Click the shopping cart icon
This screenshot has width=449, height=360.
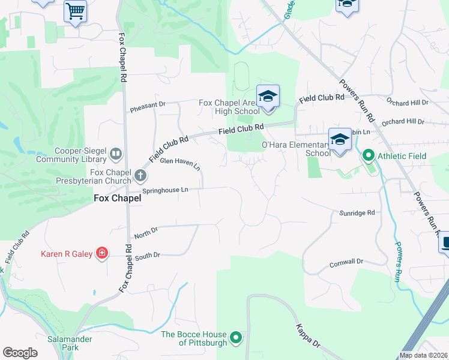click(x=75, y=11)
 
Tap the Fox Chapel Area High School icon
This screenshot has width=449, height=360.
click(x=268, y=97)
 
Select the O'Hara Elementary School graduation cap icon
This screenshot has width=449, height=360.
click(x=339, y=140)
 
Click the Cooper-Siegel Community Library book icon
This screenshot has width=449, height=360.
click(x=115, y=155)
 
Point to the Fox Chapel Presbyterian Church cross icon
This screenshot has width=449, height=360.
click(x=140, y=176)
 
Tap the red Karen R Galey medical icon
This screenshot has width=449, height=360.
click(x=102, y=254)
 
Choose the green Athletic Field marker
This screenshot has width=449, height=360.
click(x=368, y=156)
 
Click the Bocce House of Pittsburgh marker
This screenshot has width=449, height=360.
click(x=236, y=338)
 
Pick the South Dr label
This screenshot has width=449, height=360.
click(x=148, y=256)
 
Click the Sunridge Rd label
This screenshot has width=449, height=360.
click(x=357, y=212)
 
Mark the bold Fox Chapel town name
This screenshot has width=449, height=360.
click(x=117, y=197)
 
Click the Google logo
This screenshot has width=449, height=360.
click(x=20, y=353)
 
